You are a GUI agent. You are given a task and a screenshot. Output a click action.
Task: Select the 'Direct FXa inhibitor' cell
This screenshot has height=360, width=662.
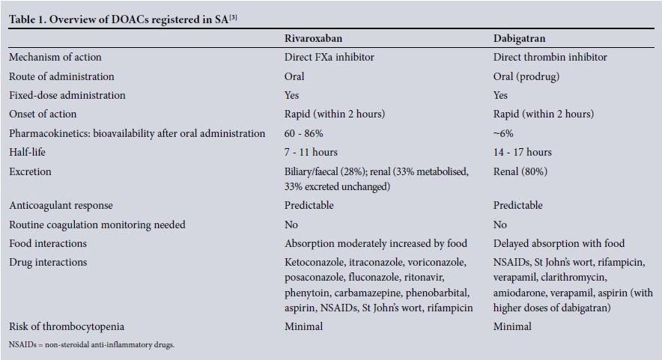329,57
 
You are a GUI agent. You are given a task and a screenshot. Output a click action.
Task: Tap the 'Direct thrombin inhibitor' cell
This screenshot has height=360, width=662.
550,57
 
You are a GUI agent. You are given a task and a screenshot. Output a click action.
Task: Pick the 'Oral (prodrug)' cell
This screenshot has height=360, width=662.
528,76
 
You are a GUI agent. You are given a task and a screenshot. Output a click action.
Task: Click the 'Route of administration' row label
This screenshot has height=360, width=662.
61,76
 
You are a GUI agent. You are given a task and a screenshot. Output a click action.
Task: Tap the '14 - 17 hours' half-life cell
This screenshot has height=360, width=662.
523,152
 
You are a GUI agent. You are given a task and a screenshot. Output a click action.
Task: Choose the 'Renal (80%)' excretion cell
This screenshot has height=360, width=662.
520,171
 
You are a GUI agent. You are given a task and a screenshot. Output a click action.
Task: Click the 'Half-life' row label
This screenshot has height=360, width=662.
29,152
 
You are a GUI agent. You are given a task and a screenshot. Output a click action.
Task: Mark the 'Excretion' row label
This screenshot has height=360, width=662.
30,171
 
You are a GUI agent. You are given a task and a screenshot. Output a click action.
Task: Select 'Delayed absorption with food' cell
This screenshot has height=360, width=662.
559,243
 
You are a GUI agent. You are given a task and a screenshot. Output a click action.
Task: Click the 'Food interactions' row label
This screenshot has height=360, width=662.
48,243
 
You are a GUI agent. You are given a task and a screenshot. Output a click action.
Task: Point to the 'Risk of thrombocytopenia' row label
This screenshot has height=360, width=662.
67,326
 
